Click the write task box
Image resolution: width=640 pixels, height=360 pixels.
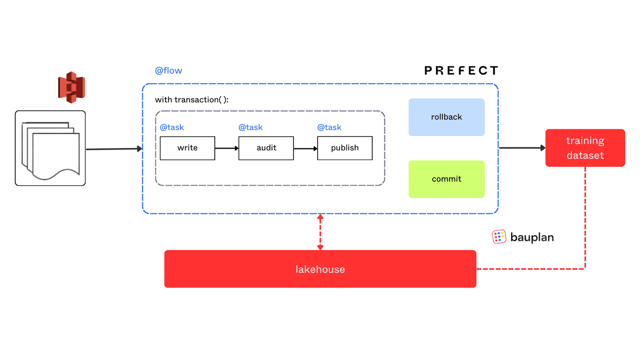click(x=187, y=148)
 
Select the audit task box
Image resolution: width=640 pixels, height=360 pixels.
click(x=266, y=148)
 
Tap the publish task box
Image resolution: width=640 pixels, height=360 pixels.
click(x=345, y=148)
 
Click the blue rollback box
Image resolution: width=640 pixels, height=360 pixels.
click(x=446, y=117)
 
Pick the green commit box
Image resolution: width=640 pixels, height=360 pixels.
click(x=446, y=179)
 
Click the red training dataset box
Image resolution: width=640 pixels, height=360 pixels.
click(x=585, y=148)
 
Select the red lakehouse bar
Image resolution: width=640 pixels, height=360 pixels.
click(x=320, y=269)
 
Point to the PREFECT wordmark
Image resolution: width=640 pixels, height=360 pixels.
click(x=461, y=71)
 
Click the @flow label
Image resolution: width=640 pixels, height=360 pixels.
click(x=168, y=71)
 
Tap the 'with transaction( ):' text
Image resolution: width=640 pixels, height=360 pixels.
click(x=192, y=100)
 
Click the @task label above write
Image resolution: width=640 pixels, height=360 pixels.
click(x=172, y=127)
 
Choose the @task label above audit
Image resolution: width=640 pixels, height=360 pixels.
click(x=250, y=127)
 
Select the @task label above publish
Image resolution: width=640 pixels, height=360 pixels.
click(x=329, y=127)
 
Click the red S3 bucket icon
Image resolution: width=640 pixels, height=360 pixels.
click(x=72, y=87)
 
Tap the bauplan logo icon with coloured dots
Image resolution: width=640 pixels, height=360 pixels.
click(x=499, y=237)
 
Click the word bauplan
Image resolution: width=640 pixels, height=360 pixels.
click(x=532, y=237)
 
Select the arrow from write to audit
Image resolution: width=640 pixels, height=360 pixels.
click(x=227, y=148)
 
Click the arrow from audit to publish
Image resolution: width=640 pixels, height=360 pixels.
click(x=306, y=148)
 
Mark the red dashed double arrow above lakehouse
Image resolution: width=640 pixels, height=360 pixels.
click(x=320, y=232)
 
